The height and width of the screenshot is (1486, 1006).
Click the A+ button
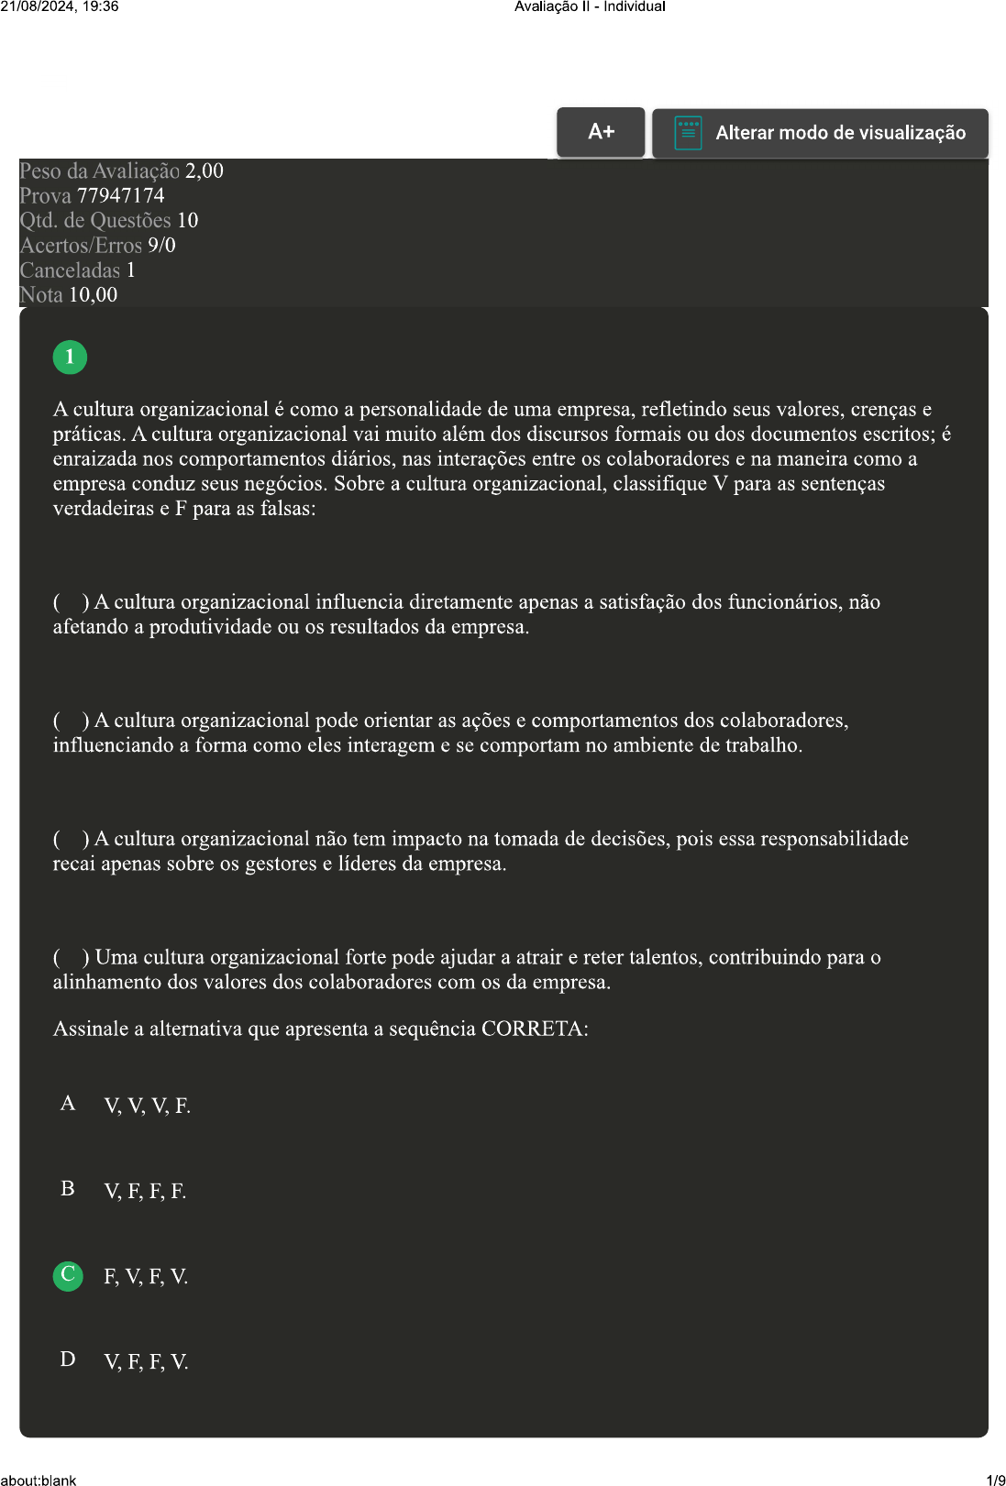pos(601,132)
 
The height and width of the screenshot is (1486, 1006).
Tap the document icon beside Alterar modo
pos(688,133)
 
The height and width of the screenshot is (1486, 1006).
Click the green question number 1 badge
pos(70,358)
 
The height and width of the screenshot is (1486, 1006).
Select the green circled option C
pos(68,1275)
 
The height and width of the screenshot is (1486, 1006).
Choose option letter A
pos(68,1104)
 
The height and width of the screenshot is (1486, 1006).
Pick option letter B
pos(68,1189)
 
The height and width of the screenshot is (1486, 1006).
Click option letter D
pos(68,1359)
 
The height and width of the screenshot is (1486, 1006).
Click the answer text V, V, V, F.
pos(147,1106)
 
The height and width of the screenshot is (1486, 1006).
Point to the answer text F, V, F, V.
pos(146,1277)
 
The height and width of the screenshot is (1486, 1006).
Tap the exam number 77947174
pos(121,196)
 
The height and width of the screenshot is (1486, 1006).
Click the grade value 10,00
pos(94,295)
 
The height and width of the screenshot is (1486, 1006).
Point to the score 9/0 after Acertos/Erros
pos(161,246)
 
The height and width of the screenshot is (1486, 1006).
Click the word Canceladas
pos(71,270)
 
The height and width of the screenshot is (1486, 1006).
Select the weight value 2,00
pos(205,171)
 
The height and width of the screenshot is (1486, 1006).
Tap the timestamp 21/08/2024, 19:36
pos(60,6)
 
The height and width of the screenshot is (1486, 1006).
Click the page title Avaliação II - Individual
pos(590,6)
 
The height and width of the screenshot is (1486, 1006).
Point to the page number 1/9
pos(995,1480)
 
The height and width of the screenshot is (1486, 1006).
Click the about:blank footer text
pos(39,1480)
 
